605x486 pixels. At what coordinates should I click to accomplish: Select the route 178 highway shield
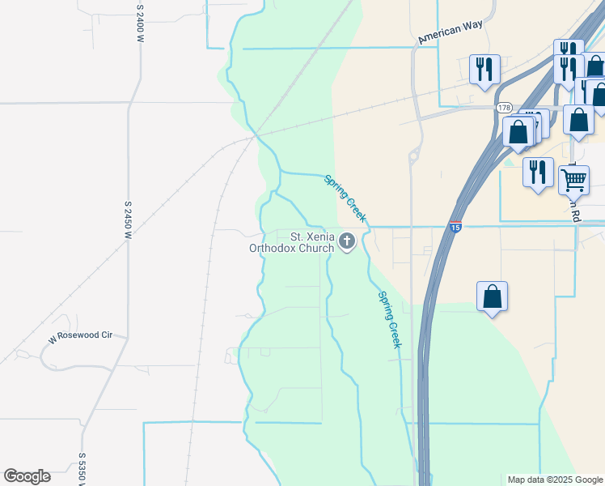[x=505, y=108]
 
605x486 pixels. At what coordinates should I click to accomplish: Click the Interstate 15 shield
[x=456, y=228]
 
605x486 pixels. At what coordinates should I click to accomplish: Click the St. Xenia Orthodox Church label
[x=291, y=242]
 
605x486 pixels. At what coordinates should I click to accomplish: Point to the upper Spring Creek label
[x=345, y=198]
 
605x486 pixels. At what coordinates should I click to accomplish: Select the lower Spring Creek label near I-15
[x=389, y=319]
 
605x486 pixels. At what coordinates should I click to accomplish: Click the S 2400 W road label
[x=140, y=17]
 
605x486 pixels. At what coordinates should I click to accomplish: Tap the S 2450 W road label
[x=128, y=219]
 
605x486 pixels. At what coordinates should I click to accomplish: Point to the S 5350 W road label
[x=82, y=469]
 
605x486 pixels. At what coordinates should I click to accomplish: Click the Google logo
[x=27, y=476]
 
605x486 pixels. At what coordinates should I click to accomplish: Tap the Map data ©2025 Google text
[x=554, y=480]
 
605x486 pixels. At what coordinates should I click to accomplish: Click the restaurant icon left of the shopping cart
[x=537, y=173]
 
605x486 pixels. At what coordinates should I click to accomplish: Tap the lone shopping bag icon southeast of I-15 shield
[x=492, y=296]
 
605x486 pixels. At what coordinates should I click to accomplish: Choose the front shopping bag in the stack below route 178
[x=518, y=131]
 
